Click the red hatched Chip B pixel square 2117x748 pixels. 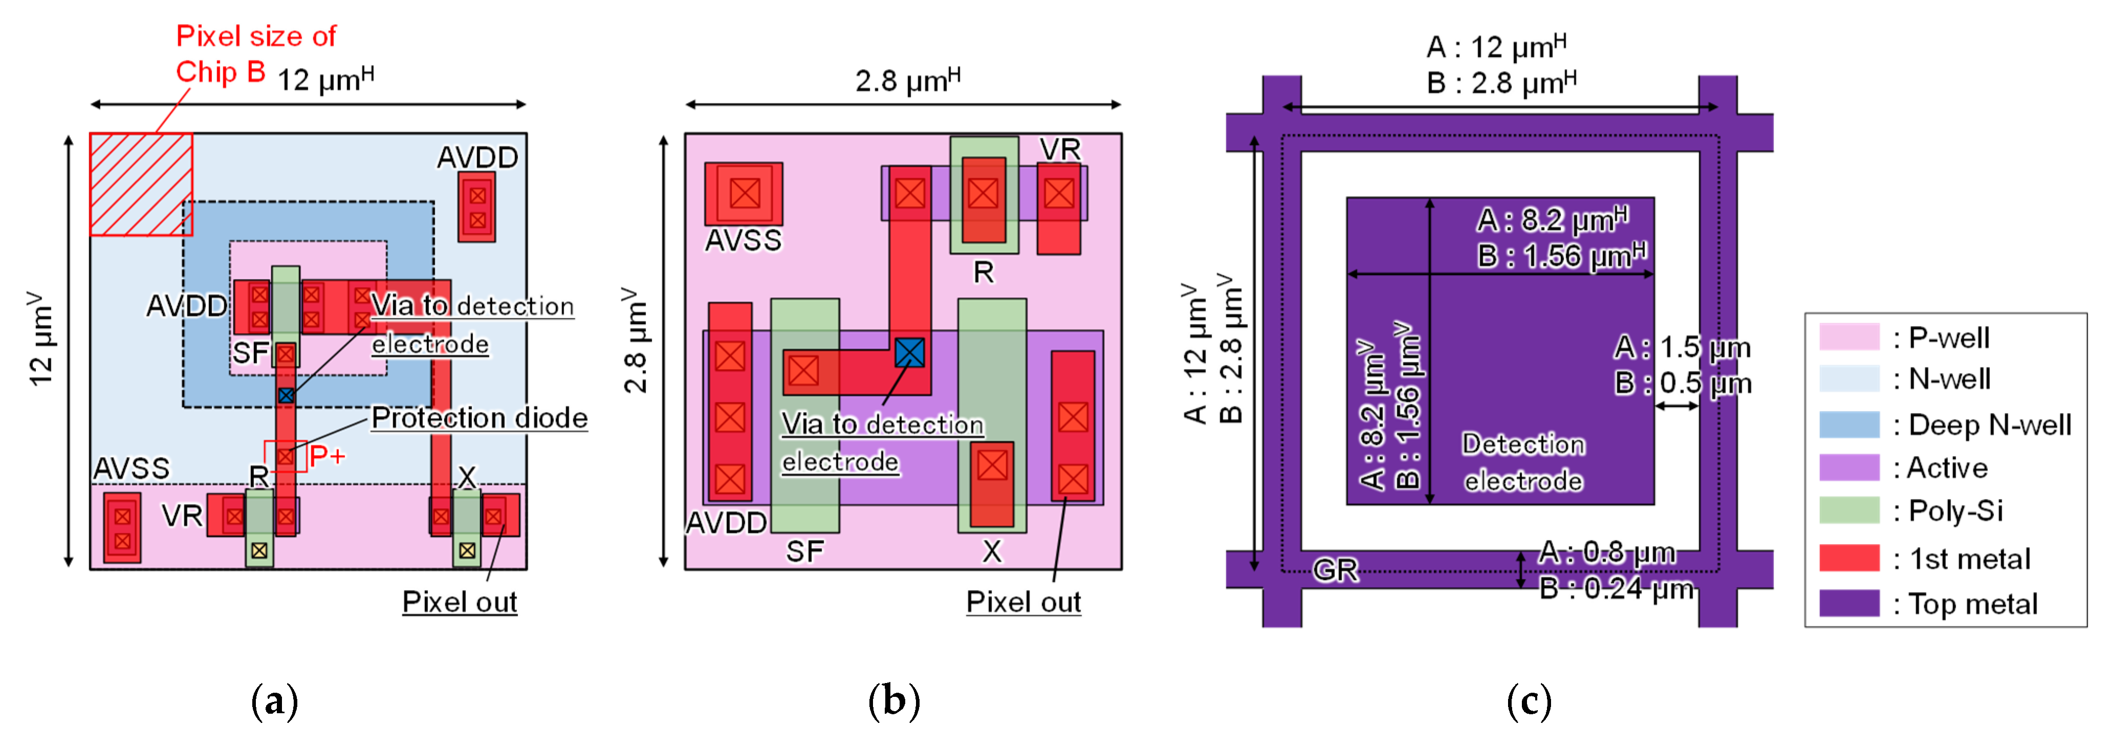click(141, 184)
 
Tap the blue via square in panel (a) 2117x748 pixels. click(285, 395)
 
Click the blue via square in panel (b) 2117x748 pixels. click(909, 353)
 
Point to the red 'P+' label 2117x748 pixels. click(327, 455)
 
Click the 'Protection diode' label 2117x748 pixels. click(479, 419)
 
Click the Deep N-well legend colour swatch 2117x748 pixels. click(1848, 425)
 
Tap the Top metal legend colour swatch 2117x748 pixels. click(1848, 603)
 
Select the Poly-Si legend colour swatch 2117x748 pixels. click(1848, 511)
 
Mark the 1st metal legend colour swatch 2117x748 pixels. click(1848, 558)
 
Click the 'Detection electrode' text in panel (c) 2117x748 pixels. click(1523, 462)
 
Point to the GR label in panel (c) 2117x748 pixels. click(1335, 569)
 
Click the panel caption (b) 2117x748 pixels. click(893, 701)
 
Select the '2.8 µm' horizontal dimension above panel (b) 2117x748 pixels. click(907, 80)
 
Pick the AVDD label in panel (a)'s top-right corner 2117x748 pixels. click(477, 157)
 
